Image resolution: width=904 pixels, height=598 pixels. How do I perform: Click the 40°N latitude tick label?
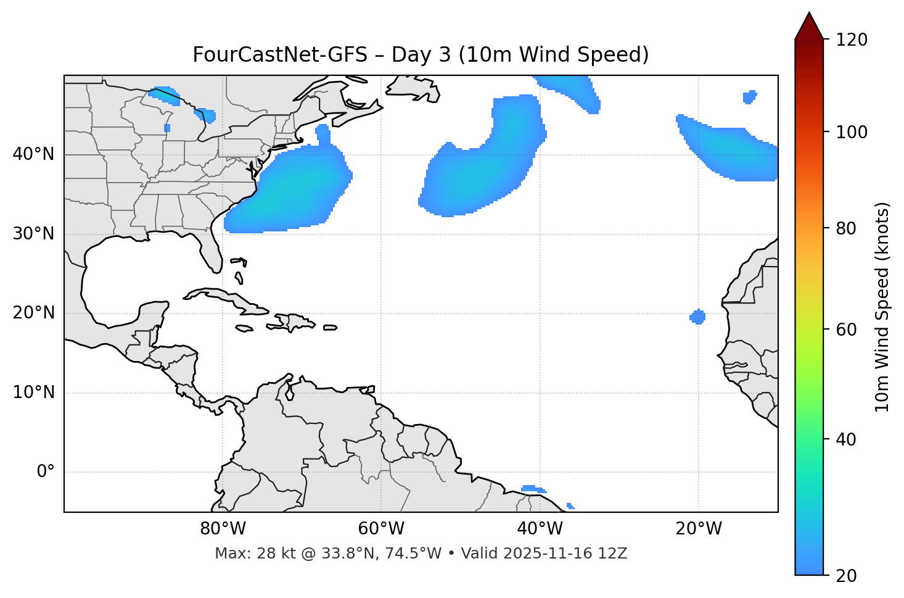point(33,154)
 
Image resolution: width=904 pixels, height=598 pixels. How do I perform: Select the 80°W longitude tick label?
point(223,529)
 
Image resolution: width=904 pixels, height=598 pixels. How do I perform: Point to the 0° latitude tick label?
point(46,472)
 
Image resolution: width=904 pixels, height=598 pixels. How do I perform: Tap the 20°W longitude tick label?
point(699,529)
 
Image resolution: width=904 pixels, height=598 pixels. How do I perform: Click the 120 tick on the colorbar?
point(852,40)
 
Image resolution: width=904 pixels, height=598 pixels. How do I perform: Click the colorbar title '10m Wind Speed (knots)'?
point(882,307)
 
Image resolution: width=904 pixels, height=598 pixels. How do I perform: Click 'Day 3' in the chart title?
point(421,55)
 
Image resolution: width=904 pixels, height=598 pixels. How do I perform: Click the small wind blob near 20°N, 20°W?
point(697,317)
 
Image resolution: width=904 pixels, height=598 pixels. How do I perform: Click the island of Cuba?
point(224,297)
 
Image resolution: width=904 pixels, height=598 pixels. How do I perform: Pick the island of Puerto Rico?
point(331,328)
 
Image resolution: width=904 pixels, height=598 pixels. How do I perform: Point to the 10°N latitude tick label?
point(33,392)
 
